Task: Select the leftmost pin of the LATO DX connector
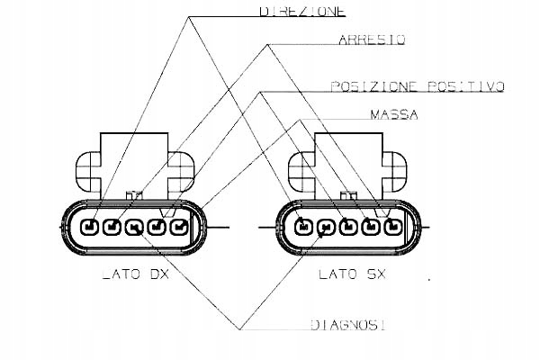tap(90, 226)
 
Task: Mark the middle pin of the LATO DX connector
tap(134, 226)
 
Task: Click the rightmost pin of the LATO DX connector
tap(179, 226)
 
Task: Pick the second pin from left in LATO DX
tap(112, 226)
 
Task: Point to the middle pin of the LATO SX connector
tap(348, 226)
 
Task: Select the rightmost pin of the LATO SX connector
tap(392, 226)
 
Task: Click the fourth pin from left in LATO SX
tap(371, 226)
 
